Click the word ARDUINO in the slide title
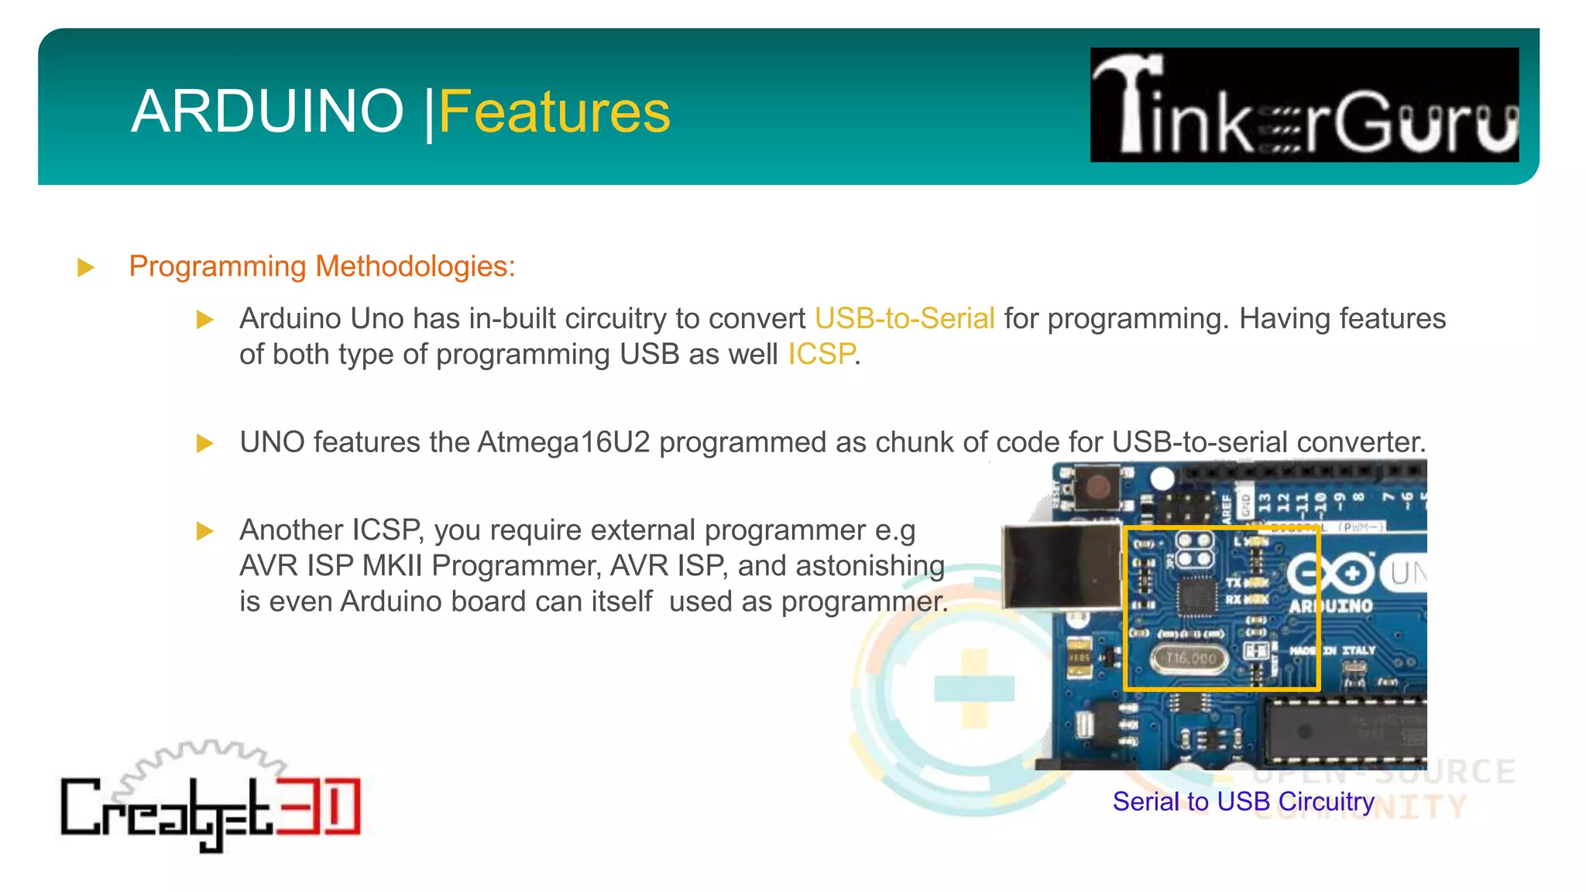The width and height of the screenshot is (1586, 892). [267, 111]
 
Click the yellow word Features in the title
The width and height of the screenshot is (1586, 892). [554, 111]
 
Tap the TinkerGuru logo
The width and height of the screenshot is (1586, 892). [1304, 105]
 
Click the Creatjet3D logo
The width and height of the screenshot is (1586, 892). [211, 801]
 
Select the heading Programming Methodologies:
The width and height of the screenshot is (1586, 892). [322, 266]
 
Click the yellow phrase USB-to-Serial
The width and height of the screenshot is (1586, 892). [905, 319]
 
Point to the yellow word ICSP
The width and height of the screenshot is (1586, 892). [822, 355]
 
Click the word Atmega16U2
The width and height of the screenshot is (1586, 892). [564, 442]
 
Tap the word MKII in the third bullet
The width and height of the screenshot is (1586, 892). [392, 566]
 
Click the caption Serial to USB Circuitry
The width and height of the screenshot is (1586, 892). [1243, 801]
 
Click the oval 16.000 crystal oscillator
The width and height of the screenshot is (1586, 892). [1190, 658]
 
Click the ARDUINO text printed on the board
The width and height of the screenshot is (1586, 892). [1330, 606]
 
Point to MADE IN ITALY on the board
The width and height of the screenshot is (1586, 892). [1332, 650]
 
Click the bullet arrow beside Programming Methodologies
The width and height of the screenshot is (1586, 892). [86, 268]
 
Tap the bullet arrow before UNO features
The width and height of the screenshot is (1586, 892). [204, 444]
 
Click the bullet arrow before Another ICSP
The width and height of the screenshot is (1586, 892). [204, 531]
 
